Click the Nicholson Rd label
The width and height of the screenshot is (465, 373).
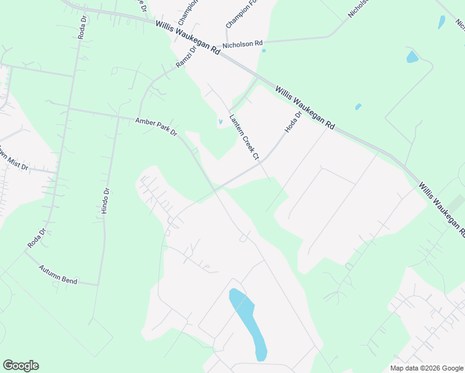(243, 44)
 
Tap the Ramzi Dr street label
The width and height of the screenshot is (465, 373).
(185, 57)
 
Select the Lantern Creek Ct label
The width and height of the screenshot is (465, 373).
(244, 137)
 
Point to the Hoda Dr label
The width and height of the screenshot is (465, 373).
(293, 122)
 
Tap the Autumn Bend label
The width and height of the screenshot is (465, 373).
(58, 274)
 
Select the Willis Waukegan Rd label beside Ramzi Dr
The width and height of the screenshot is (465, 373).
(188, 39)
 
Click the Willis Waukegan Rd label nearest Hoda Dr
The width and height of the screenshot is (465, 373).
(305, 108)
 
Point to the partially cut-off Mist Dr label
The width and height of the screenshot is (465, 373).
(14, 160)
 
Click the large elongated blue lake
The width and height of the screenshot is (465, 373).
(249, 323)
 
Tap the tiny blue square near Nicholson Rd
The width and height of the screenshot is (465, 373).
(264, 51)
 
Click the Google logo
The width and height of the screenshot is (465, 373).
(21, 366)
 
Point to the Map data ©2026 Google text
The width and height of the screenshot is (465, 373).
(426, 368)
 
